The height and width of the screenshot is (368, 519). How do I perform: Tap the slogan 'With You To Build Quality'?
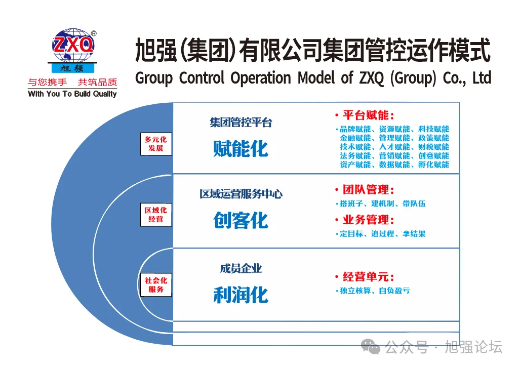[x=72, y=94]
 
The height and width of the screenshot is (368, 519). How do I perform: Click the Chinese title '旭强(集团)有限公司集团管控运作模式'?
[x=313, y=52]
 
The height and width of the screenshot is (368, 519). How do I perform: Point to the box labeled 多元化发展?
[x=156, y=144]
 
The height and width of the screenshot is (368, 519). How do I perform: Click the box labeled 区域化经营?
[x=156, y=215]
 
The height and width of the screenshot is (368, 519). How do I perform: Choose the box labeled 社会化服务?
[x=156, y=285]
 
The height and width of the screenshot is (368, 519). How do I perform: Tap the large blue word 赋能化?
[x=241, y=149]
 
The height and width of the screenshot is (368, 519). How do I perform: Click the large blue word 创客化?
[x=241, y=220]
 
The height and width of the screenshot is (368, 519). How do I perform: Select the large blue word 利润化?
[x=241, y=295]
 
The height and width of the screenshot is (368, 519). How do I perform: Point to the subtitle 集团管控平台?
[x=241, y=122]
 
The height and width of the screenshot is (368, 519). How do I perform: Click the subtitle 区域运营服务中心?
[x=241, y=194]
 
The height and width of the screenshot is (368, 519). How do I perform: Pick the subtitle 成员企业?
[x=241, y=269]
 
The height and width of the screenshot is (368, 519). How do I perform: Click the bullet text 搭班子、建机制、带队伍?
[x=382, y=204]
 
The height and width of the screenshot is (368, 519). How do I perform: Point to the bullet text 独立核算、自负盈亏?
[x=375, y=291]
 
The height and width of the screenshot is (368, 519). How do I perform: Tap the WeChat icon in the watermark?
[x=370, y=347]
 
